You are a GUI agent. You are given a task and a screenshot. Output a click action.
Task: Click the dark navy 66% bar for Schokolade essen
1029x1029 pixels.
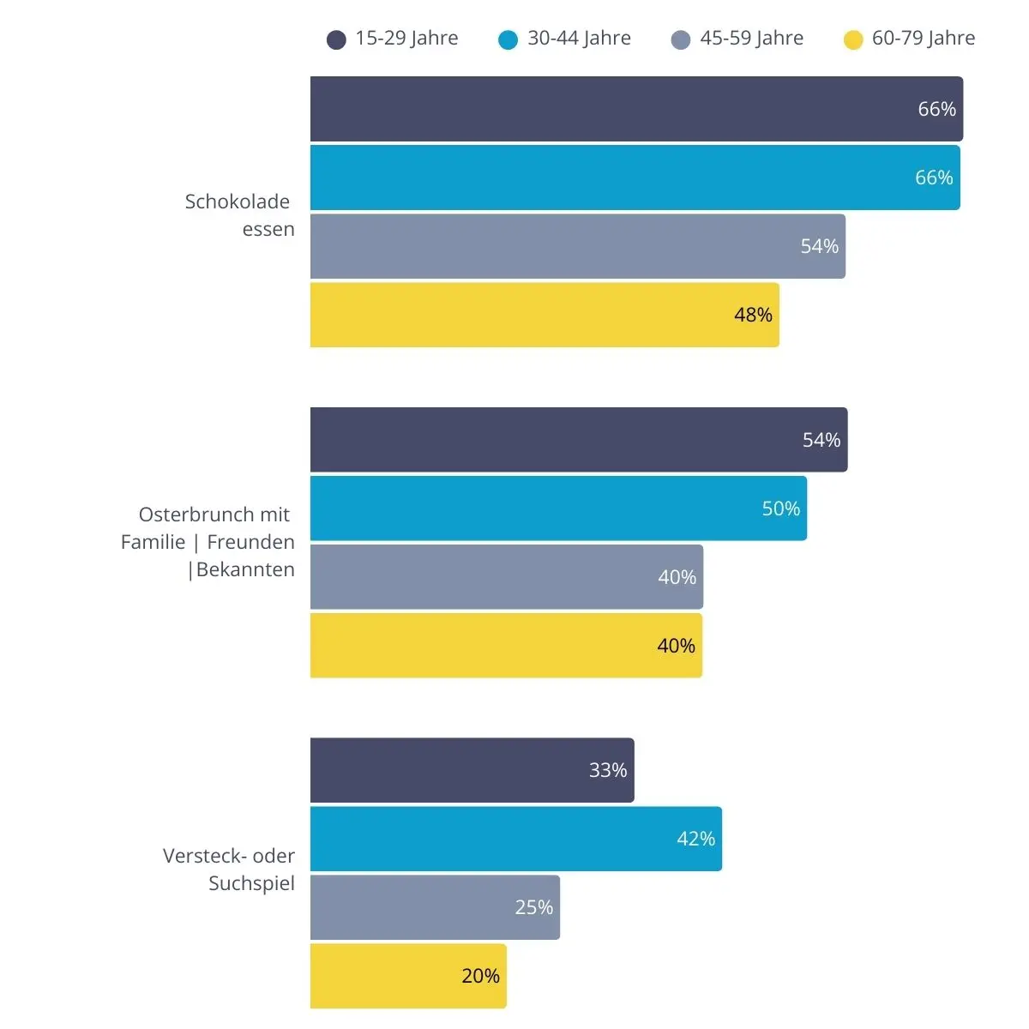pos(636,109)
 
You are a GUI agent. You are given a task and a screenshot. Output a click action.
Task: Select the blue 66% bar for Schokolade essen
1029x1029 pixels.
pos(635,178)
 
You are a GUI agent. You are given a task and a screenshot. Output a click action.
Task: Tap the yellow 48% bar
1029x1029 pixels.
pos(545,315)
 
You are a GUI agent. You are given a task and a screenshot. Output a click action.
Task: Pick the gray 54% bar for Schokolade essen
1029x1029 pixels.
pos(578,246)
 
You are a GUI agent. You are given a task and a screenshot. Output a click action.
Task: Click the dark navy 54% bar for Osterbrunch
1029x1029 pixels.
pos(579,440)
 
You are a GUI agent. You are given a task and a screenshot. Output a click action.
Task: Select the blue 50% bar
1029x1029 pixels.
pos(558,508)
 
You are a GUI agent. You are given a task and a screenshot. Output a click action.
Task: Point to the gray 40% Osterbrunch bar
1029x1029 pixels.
pos(507,577)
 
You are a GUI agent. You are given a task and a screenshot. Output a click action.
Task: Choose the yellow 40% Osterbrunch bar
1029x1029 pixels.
pos(506,646)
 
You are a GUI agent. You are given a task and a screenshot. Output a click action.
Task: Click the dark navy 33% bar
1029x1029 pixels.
pos(472,770)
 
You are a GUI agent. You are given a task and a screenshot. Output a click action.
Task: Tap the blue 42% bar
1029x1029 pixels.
pos(516,839)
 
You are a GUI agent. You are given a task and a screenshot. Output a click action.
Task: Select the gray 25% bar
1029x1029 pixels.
pos(436,907)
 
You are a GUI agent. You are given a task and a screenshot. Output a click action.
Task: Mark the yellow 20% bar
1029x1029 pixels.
pos(408,976)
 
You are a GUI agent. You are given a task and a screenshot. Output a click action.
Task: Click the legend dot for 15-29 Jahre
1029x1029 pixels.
pos(336,39)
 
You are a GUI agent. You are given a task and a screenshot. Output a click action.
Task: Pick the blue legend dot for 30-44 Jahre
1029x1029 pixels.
pos(508,39)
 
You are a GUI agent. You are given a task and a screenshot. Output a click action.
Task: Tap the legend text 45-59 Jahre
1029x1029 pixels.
pos(751,38)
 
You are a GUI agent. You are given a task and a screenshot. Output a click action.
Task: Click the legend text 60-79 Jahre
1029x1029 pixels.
pos(924,38)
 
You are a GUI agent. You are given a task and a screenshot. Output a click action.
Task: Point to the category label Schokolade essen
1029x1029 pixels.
pos(240,215)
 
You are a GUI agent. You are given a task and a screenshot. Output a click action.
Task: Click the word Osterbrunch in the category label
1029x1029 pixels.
pos(196,514)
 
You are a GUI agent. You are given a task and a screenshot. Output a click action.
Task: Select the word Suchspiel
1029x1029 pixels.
pos(251,884)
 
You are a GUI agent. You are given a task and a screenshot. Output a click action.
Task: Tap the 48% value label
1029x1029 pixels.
pos(753,315)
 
